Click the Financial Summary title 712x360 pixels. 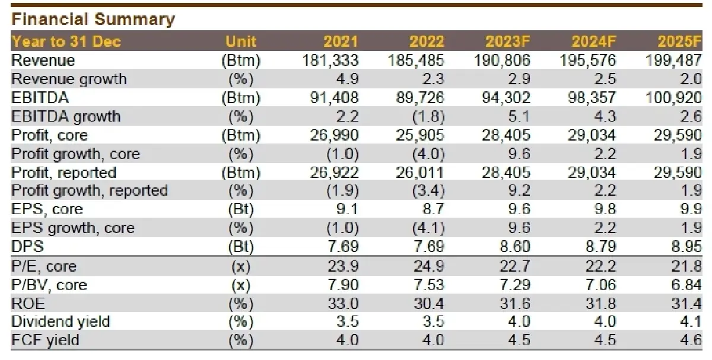point(93,20)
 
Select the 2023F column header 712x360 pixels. point(508,42)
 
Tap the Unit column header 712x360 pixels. point(241,42)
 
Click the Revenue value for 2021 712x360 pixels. point(330,60)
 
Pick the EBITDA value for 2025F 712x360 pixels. point(673,98)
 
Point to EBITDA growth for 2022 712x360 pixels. point(428,117)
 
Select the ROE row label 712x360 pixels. point(28,304)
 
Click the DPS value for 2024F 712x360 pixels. point(600,247)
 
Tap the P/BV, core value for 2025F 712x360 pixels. point(686,285)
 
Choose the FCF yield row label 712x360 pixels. point(45,340)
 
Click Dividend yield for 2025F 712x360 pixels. point(691,322)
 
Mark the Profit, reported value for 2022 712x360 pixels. point(419,173)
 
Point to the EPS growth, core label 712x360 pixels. point(73,228)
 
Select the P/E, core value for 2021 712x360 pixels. point(344,266)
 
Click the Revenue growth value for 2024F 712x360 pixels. point(605,79)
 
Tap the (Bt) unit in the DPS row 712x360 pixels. point(241,247)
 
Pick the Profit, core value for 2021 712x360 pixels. point(335,135)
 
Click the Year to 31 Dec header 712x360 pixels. point(66,42)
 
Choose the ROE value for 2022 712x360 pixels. point(429,304)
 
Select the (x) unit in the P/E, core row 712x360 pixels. point(241,266)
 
